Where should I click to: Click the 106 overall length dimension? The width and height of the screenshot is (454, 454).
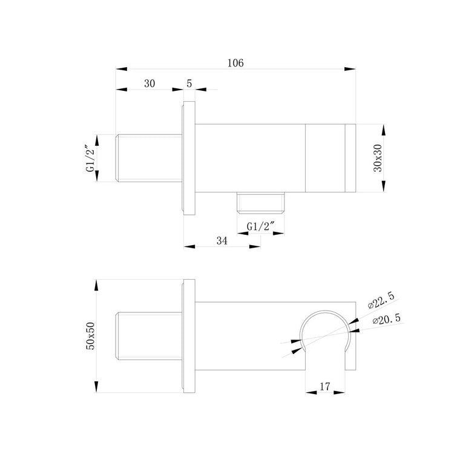(235, 63)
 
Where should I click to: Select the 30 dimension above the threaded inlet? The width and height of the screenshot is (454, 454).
(150, 84)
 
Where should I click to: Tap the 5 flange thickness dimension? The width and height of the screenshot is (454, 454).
(189, 84)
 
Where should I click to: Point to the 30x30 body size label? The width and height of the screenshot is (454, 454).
(378, 158)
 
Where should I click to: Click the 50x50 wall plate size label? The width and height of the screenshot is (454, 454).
(91, 336)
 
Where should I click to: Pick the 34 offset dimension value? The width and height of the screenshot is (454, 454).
(222, 240)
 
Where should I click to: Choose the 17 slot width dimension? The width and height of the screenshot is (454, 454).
(324, 386)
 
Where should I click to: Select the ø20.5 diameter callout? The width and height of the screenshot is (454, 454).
(387, 320)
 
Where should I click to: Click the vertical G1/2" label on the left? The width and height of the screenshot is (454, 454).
(91, 158)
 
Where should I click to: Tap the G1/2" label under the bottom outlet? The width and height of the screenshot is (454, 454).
(260, 226)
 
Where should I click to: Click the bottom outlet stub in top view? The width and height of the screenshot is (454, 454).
(260, 203)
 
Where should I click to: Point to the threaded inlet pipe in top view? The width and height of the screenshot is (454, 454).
(149, 158)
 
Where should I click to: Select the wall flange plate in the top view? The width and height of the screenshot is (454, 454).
(189, 158)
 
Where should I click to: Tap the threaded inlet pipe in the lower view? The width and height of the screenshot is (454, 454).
(149, 336)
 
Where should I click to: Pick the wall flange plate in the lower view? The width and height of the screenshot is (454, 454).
(189, 336)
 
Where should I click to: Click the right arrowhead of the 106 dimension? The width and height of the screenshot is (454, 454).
(350, 69)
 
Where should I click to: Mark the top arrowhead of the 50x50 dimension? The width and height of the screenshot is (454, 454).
(96, 285)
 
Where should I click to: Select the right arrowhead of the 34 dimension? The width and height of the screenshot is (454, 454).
(255, 246)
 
